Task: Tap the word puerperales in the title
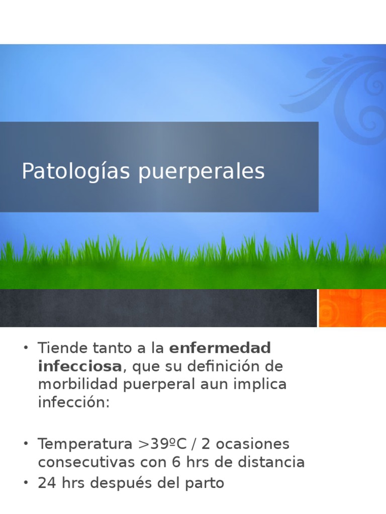point(202,172)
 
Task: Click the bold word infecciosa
point(79,366)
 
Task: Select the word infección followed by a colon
point(73,402)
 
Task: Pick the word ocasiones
point(254,444)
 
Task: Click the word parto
point(204,483)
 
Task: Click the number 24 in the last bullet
point(46,483)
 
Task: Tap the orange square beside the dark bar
point(352,308)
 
